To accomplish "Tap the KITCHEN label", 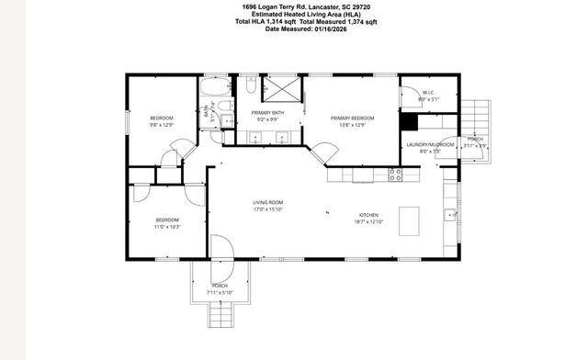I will (367, 216).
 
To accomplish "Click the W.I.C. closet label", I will (428, 93).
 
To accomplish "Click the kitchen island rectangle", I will (407, 219).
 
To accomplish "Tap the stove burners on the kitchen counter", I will (395, 172).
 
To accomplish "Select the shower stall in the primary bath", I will (282, 89).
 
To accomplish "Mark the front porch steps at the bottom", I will (220, 316).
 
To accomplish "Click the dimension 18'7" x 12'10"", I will (367, 222).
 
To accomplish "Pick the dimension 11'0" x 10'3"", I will (167, 226).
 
